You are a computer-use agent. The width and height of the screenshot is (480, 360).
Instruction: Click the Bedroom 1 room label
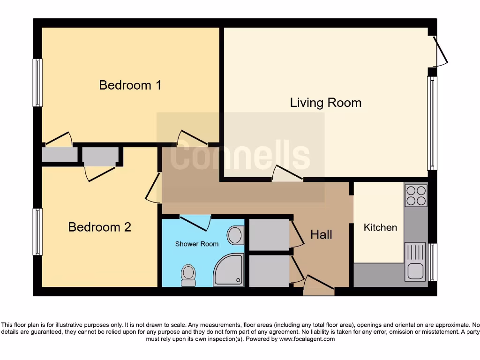pos(130,85)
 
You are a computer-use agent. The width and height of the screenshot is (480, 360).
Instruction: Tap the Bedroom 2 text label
pos(99,227)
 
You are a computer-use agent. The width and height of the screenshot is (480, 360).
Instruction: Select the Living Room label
pos(326,103)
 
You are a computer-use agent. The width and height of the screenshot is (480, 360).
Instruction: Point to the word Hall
pos(321,234)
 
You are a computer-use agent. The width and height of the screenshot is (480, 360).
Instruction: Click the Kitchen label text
pos(380,227)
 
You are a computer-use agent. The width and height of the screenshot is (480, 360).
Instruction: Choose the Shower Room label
pos(197,244)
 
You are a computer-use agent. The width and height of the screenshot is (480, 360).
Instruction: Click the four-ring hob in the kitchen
pos(416,196)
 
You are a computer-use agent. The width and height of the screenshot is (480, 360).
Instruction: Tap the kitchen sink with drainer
pos(415,261)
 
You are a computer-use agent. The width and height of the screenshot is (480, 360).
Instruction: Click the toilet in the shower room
pos(188,275)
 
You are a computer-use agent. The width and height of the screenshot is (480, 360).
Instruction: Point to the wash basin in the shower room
pos(235,235)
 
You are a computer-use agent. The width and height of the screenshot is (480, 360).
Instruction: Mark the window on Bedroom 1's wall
pos(37,82)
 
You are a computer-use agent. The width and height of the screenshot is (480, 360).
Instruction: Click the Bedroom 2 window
pos(37,232)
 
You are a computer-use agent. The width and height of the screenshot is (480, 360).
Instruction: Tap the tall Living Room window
pos(432,123)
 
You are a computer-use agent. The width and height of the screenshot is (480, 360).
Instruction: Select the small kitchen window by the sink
pos(432,262)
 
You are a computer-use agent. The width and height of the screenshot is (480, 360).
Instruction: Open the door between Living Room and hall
pos(288,174)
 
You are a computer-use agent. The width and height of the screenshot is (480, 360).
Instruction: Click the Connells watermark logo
pos(240,157)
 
